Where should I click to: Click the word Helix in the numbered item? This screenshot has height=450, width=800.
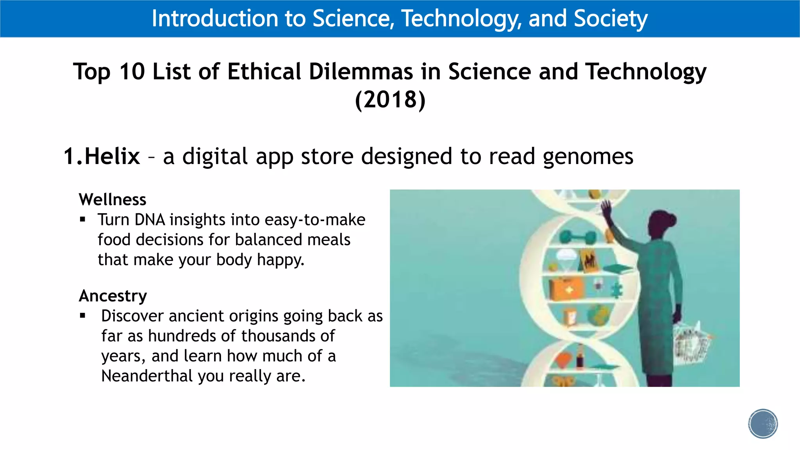[112, 157]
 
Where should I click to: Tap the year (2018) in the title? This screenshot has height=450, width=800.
[390, 100]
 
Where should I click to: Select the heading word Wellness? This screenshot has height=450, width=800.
[112, 200]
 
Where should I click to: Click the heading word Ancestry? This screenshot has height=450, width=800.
[113, 296]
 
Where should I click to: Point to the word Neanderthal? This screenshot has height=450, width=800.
[147, 376]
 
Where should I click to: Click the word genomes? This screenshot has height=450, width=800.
[588, 157]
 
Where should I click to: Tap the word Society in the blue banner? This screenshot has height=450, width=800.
[611, 18]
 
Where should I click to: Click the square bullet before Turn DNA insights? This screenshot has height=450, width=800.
[82, 220]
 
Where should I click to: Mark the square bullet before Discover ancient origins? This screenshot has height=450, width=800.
[82, 316]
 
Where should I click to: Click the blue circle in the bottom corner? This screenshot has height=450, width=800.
[763, 424]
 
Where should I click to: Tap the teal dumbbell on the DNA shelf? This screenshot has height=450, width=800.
[578, 237]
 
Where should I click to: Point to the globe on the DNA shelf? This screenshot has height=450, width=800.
[598, 315]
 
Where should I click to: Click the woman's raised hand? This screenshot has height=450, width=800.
[606, 207]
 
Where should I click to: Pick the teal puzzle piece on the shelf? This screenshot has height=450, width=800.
[617, 290]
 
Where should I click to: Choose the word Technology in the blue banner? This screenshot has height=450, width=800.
[462, 18]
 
